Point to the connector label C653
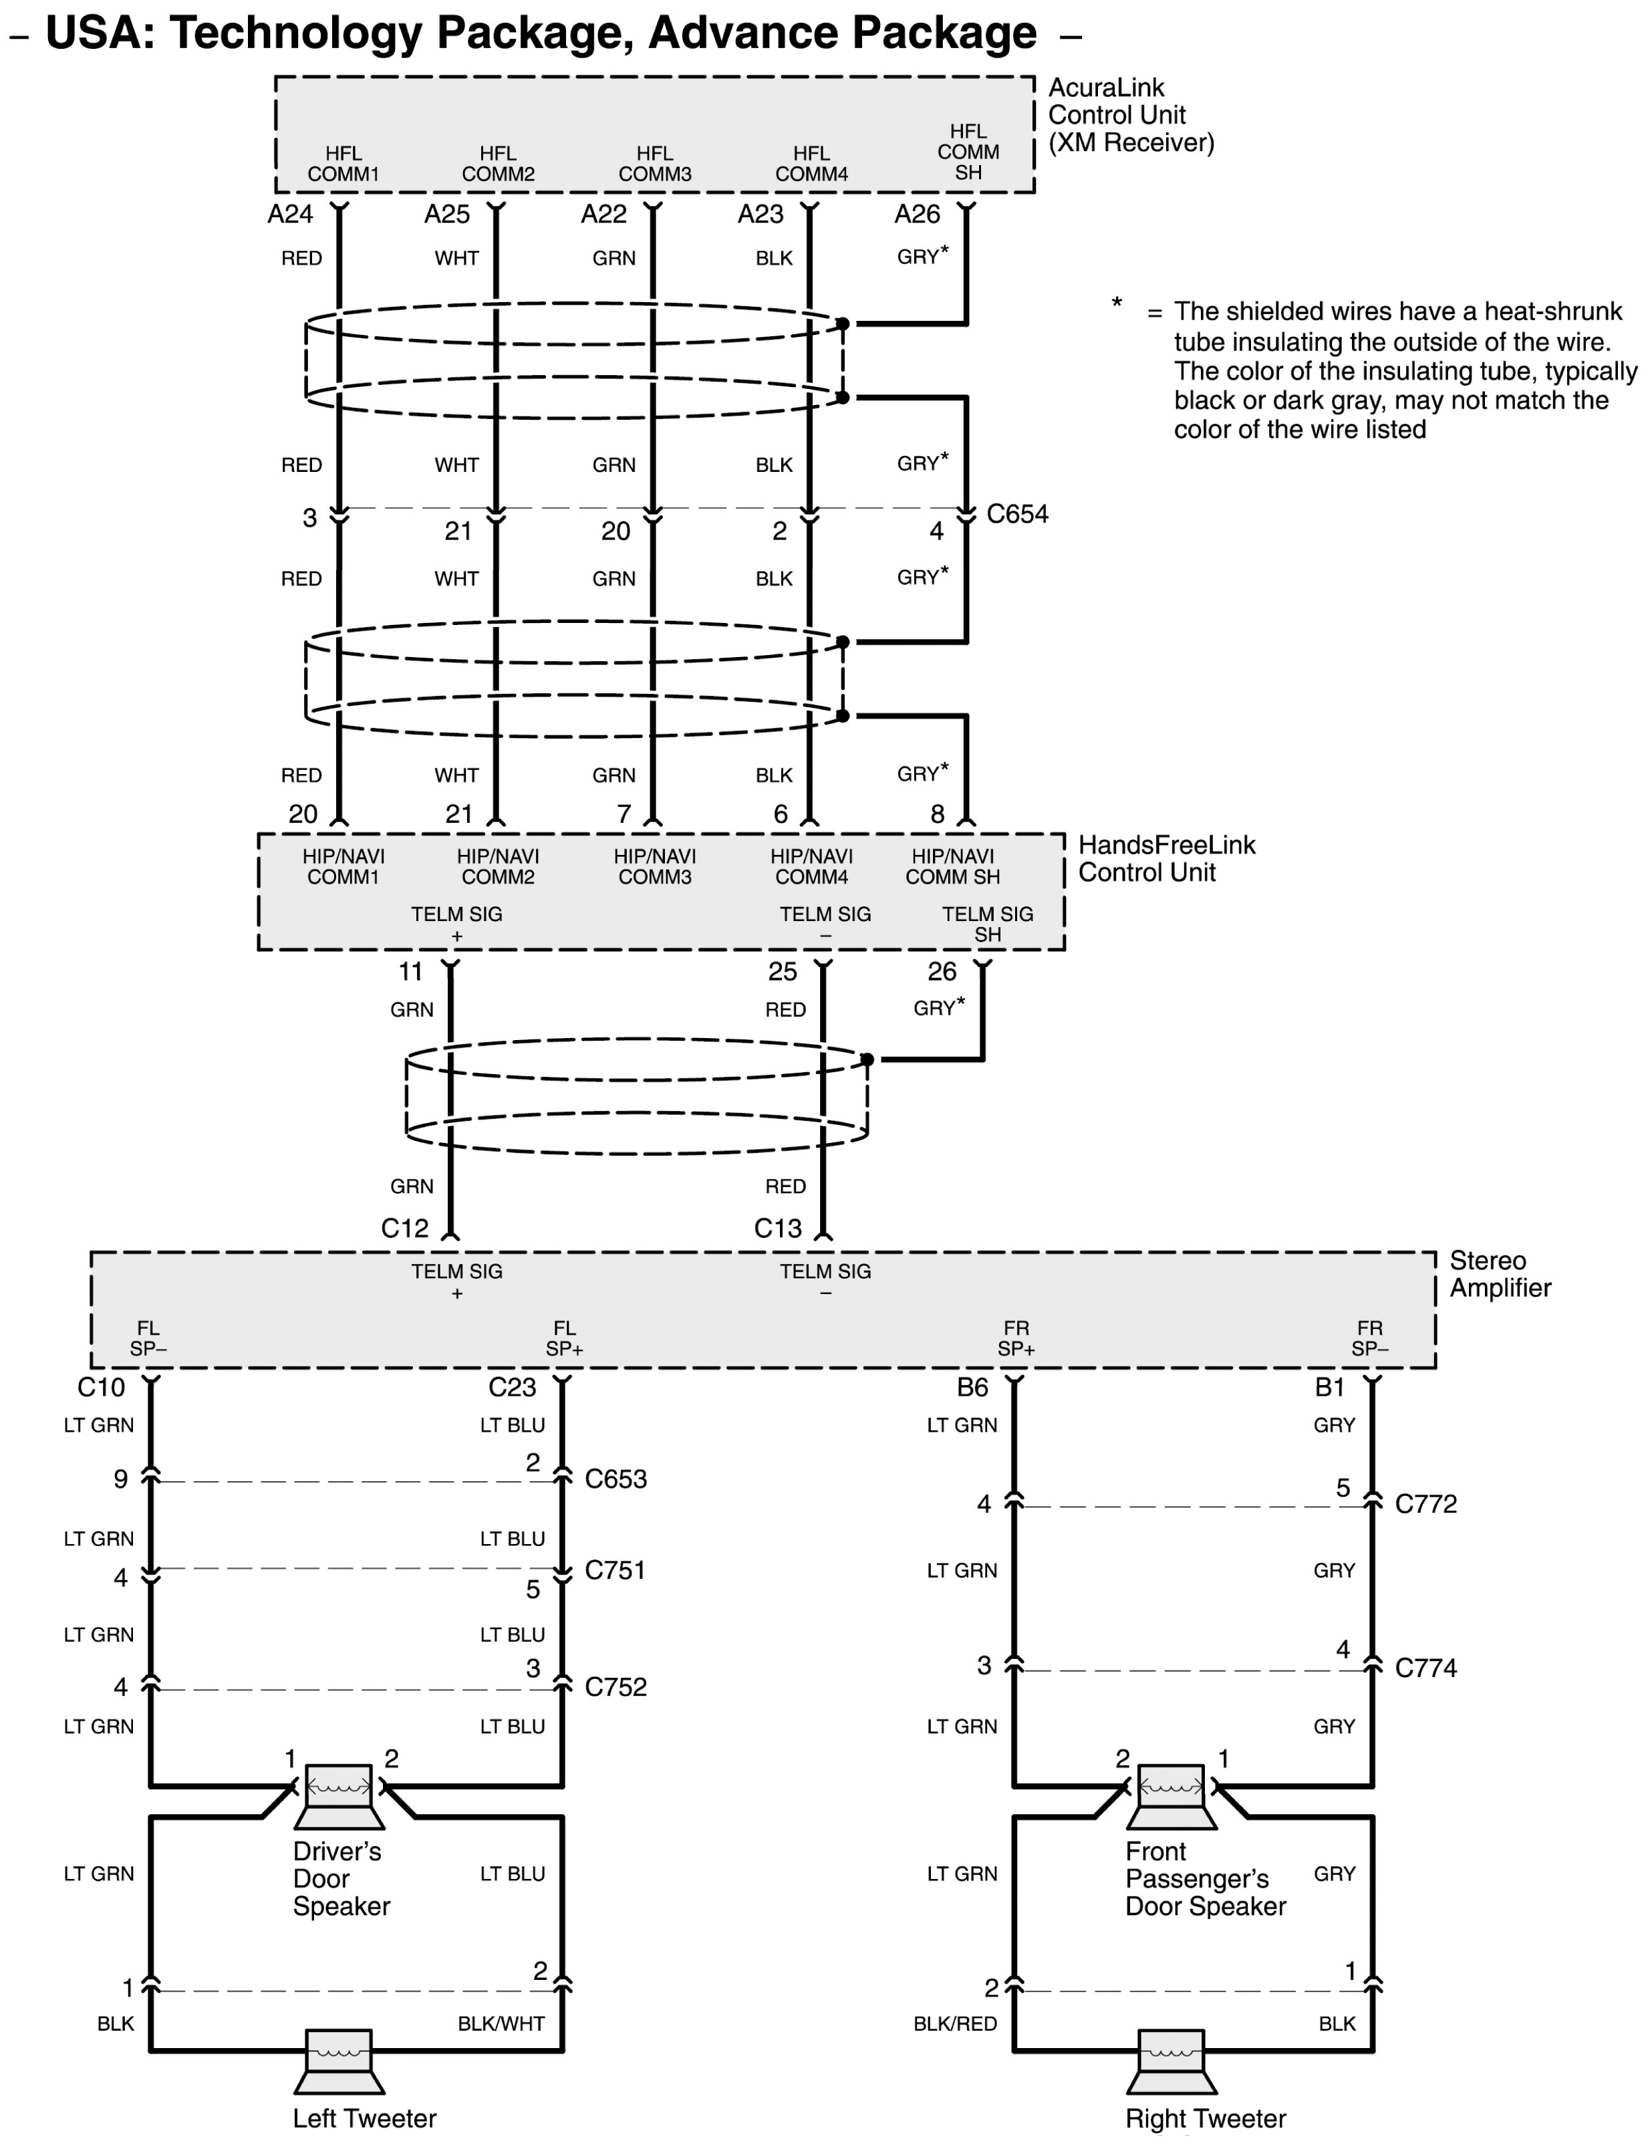click(x=615, y=1479)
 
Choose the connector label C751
click(x=615, y=1569)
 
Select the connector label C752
click(x=615, y=1686)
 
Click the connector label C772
click(x=1426, y=1504)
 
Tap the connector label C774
click(x=1426, y=1667)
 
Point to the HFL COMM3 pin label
click(x=655, y=163)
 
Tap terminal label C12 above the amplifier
click(x=404, y=1229)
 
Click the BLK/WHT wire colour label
click(x=501, y=2023)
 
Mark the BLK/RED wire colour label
click(x=955, y=2023)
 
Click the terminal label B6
click(x=972, y=1388)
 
